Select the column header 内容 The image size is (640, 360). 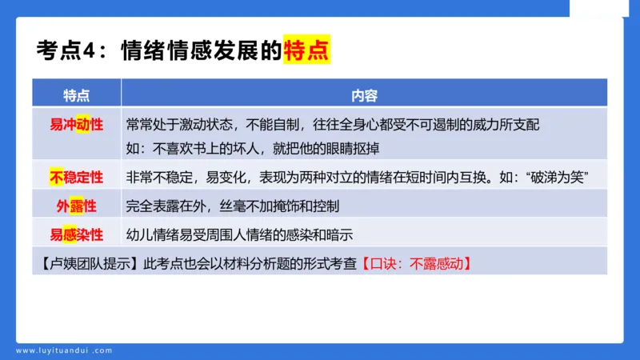point(364,94)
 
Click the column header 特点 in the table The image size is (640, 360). point(77,94)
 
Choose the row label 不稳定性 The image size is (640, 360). point(77,177)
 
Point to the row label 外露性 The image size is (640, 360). point(77,206)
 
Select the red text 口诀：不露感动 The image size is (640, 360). point(415,262)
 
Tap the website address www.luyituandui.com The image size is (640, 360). point(64,350)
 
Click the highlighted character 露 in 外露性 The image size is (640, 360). point(77,206)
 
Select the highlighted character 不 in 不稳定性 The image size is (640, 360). point(57,177)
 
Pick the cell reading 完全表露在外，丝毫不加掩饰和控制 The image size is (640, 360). point(233,206)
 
